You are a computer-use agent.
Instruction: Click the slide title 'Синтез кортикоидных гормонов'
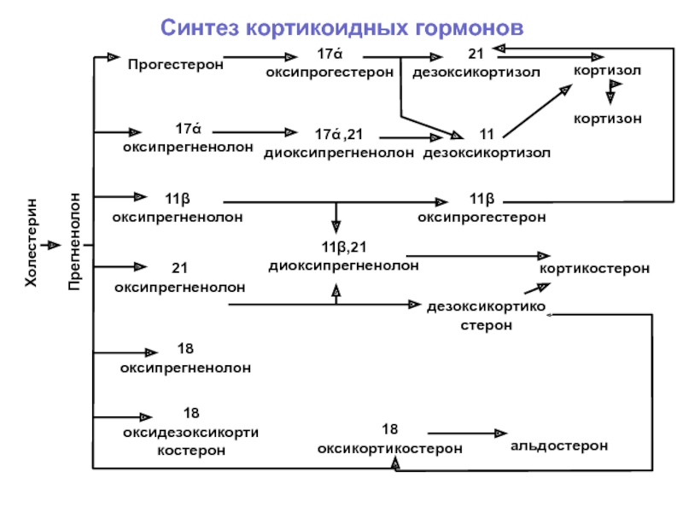[x=341, y=29]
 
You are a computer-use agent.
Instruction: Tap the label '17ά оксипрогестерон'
[x=330, y=64]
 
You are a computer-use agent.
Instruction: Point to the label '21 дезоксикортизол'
[x=476, y=64]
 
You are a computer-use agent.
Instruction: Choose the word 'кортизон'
[x=607, y=119]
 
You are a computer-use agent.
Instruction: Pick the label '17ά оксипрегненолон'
[x=188, y=138]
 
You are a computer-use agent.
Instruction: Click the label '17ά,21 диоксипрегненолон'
[x=339, y=144]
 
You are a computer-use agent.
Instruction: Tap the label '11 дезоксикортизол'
[x=487, y=144]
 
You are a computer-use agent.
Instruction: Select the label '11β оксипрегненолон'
[x=178, y=208]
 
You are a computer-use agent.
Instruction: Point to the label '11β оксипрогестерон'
[x=482, y=208]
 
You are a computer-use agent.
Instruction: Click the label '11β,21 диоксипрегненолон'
[x=344, y=257]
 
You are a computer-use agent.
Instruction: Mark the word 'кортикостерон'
[x=594, y=269]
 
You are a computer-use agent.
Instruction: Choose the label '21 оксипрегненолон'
[x=179, y=278]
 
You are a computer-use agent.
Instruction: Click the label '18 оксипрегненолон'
[x=185, y=359]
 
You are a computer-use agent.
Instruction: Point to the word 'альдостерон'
[x=559, y=446]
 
